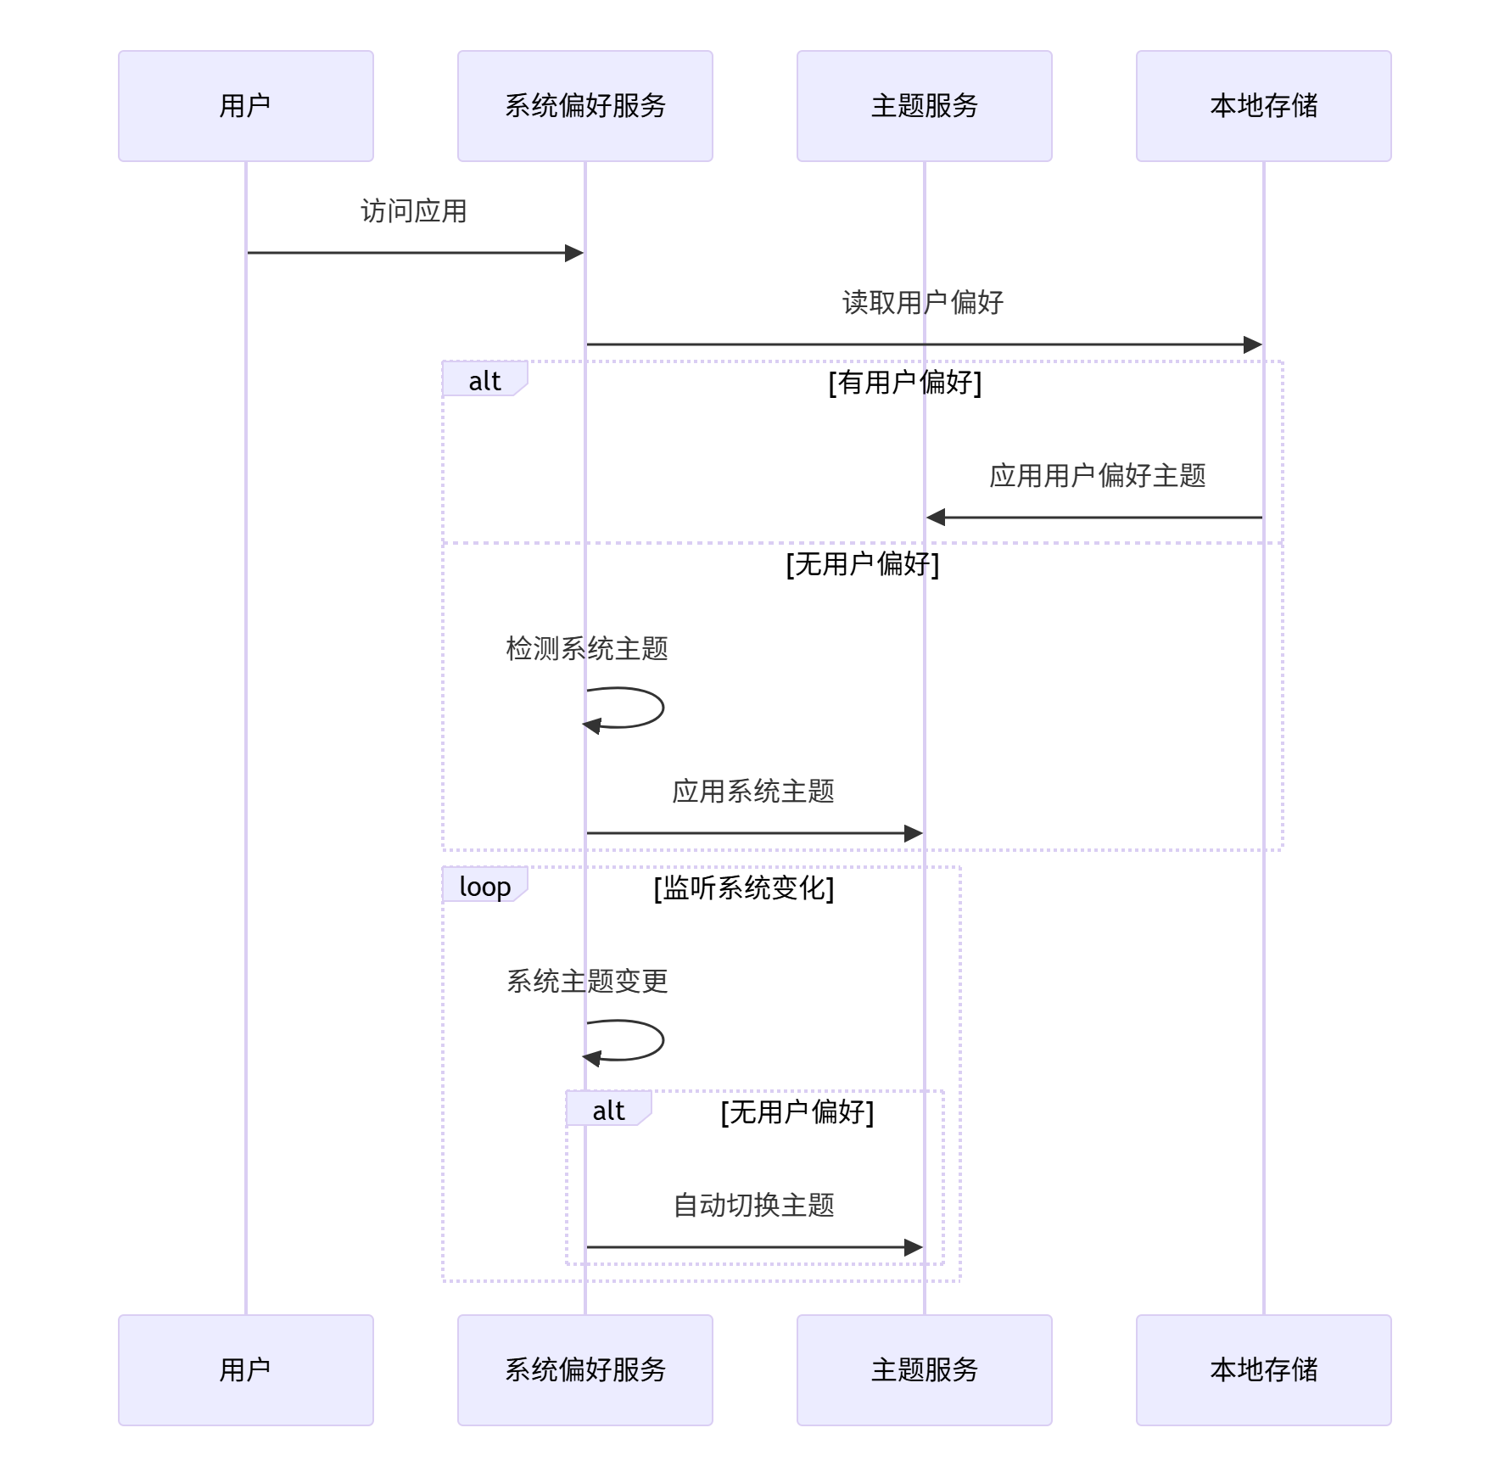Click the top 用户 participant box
pos(245,106)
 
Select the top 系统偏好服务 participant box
pos(584,106)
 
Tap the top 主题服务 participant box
pos(924,106)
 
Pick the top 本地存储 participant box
pos(1263,106)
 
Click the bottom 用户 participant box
pos(245,1369)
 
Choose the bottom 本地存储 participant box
pos(1263,1369)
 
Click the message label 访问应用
pos(413,211)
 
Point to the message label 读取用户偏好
pos(922,303)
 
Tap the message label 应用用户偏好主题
pos(1097,476)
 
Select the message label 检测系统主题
pos(586,649)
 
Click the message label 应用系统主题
pos(752,792)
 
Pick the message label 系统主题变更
pos(586,982)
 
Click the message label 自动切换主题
pos(752,1206)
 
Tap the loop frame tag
pos(484,887)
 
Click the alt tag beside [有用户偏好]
pos(484,381)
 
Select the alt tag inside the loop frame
pos(608,1111)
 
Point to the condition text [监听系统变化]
pos(743,888)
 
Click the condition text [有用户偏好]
pos(904,383)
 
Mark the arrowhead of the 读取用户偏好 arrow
pos(1253,344)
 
